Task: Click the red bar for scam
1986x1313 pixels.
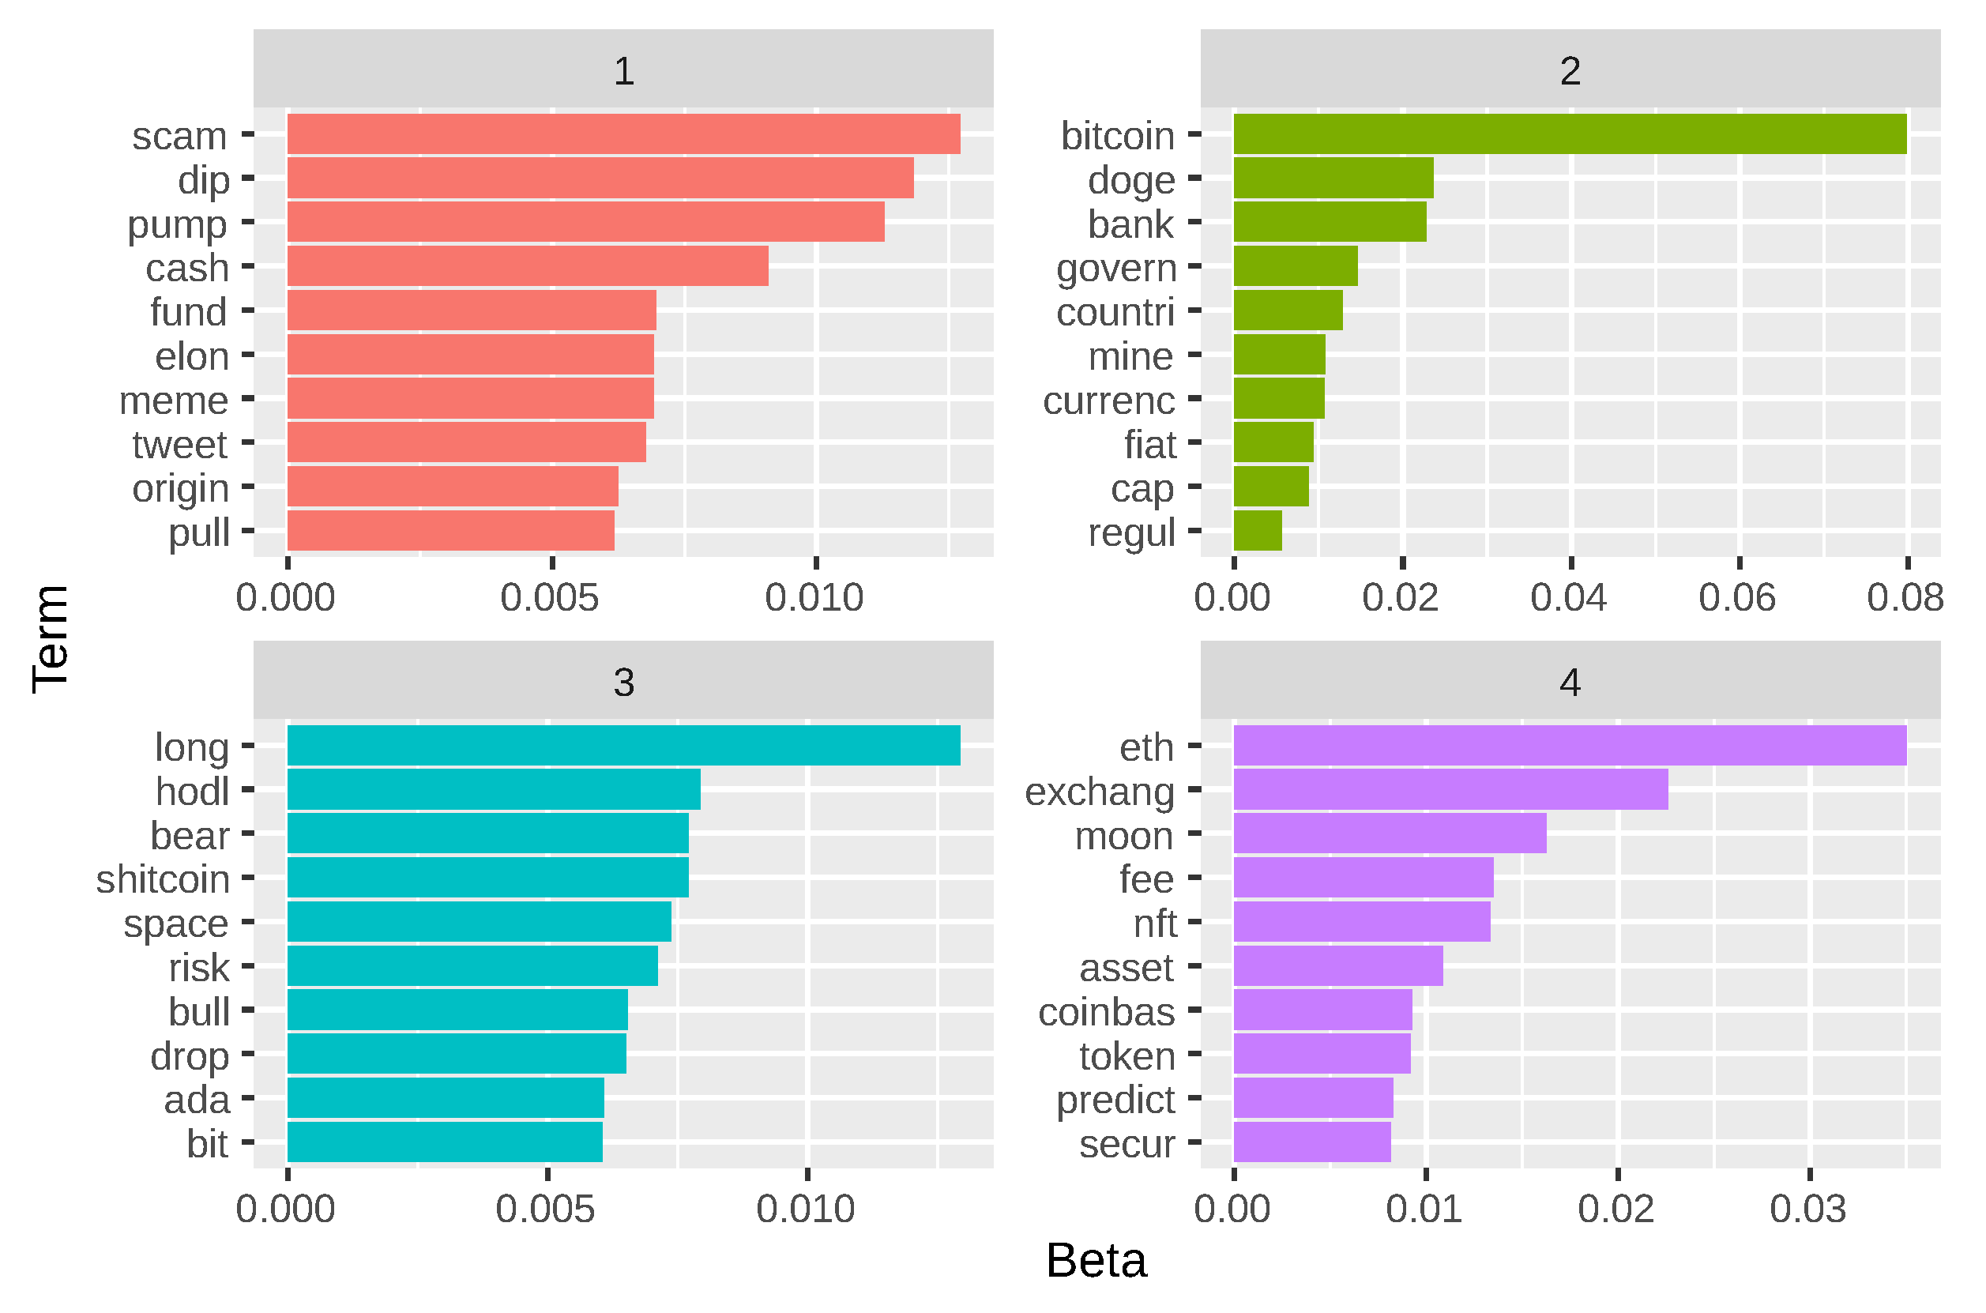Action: point(624,134)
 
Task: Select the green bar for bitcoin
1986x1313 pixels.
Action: point(1570,134)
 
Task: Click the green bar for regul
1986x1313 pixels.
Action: point(1258,531)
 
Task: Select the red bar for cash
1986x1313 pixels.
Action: point(528,266)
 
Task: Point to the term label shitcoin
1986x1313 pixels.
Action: point(163,879)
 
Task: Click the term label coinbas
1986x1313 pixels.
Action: point(1106,1012)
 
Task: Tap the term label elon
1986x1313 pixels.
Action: point(192,357)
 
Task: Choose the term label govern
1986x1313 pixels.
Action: point(1116,268)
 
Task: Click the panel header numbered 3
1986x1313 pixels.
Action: point(624,682)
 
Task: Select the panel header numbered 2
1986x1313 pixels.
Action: point(1570,70)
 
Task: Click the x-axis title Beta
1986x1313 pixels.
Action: point(1096,1261)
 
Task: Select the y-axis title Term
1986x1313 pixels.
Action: point(51,640)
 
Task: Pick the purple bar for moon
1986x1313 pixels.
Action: point(1390,834)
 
